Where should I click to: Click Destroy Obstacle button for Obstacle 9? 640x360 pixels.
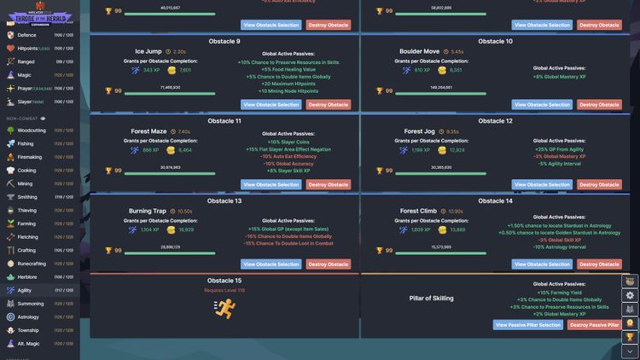(329, 105)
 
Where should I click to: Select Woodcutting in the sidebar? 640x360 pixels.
(32, 131)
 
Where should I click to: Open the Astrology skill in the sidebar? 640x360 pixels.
(28, 316)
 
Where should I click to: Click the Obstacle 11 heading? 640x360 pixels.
(226, 121)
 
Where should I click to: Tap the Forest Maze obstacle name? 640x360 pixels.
(148, 131)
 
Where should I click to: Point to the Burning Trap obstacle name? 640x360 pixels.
(148, 211)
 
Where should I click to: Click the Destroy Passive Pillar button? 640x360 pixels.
(595, 325)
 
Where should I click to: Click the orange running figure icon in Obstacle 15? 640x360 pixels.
(225, 308)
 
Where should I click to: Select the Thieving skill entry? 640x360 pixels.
(27, 210)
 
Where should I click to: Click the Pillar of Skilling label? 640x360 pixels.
(432, 298)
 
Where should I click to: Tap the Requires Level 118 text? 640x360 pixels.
(224, 290)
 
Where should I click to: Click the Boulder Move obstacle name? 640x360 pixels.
(420, 52)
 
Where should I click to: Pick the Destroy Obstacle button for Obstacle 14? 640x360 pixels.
(599, 264)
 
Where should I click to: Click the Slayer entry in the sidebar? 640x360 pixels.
(26, 102)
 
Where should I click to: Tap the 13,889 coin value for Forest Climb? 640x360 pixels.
(457, 229)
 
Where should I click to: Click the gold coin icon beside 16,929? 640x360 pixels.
(171, 229)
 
